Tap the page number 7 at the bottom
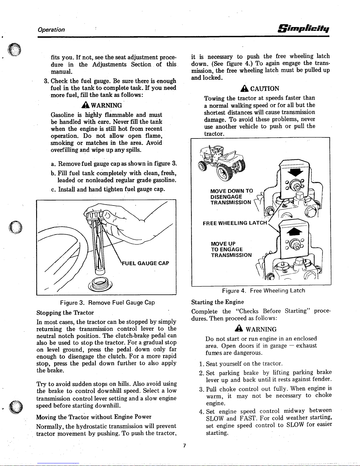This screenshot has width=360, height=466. [x=184, y=445]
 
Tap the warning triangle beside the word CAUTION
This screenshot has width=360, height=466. [x=245, y=88]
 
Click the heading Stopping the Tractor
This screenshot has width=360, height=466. [x=65, y=312]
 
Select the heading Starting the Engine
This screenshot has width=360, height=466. [x=217, y=302]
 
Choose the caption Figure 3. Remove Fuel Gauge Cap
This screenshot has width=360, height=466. [x=107, y=303]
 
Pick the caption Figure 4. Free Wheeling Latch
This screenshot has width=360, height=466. [x=264, y=291]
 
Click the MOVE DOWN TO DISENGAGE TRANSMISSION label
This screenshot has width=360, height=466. [x=231, y=196]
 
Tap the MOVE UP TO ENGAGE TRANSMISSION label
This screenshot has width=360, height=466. [x=231, y=249]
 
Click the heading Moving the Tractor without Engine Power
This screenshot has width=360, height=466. [x=94, y=417]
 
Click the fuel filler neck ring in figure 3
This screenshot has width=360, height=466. [x=101, y=284]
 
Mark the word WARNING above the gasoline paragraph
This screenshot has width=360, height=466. [x=106, y=105]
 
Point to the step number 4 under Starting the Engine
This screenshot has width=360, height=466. [x=202, y=411]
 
